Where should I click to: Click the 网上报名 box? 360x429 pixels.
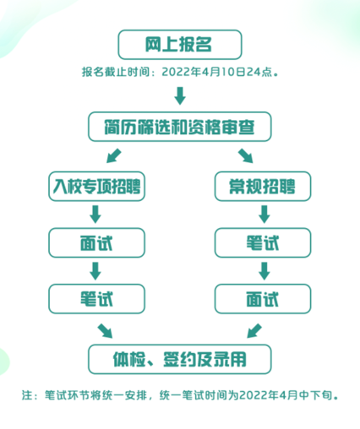180,45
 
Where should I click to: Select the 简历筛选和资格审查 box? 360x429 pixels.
180,127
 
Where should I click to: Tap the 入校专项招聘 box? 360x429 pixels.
96,187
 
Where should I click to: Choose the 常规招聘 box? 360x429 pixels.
263,187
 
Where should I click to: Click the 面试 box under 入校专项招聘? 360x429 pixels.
96,243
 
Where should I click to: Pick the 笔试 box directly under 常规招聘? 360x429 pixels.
263,243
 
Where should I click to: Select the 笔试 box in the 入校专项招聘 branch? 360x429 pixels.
96,299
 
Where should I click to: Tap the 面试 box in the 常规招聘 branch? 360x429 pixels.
263,299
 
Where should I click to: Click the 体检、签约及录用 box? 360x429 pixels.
180,359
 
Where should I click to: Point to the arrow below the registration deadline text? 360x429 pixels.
180,96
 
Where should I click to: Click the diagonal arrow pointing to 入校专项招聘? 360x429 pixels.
114,155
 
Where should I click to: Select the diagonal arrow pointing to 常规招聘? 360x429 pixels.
245,155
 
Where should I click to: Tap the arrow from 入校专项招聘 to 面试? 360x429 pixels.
95,214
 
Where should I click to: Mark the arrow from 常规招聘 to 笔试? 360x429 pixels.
265,214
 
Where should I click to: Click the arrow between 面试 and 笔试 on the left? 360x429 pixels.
95,271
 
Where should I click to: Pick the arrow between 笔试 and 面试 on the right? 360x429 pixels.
265,271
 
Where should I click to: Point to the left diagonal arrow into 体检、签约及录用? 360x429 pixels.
105,331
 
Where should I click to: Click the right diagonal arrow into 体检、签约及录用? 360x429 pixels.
254,331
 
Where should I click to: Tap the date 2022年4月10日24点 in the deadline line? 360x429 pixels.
217,72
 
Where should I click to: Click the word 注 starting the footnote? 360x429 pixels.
27,395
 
